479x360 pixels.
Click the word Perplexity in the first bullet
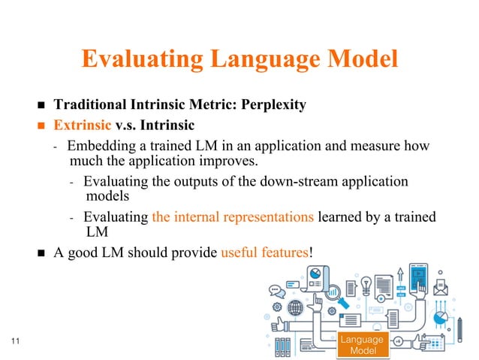pos(272,104)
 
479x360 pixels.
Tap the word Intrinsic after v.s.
pos(166,125)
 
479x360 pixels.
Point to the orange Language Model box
pos(362,345)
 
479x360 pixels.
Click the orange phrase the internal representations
pos(232,217)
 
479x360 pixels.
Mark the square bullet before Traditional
pos(42,105)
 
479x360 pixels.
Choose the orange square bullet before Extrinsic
pos(42,126)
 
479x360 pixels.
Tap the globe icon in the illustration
pos(295,308)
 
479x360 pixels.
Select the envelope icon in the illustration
pos(440,286)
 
